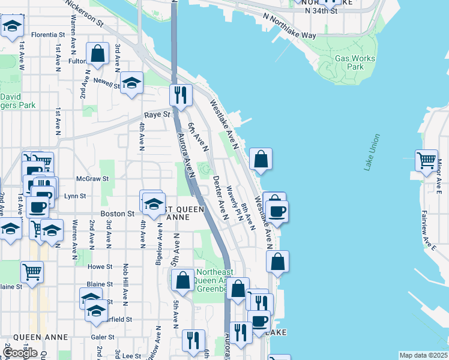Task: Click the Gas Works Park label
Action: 355,62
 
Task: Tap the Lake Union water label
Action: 372,152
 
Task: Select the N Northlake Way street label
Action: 292,35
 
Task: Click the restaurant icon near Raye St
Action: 180,95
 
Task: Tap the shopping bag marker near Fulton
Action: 97,53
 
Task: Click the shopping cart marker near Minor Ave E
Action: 426,160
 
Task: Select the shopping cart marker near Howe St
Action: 32,271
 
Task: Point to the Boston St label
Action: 118,214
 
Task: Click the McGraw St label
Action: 92,178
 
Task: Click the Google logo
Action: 20,353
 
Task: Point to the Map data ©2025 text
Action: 423,355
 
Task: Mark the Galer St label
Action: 103,337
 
